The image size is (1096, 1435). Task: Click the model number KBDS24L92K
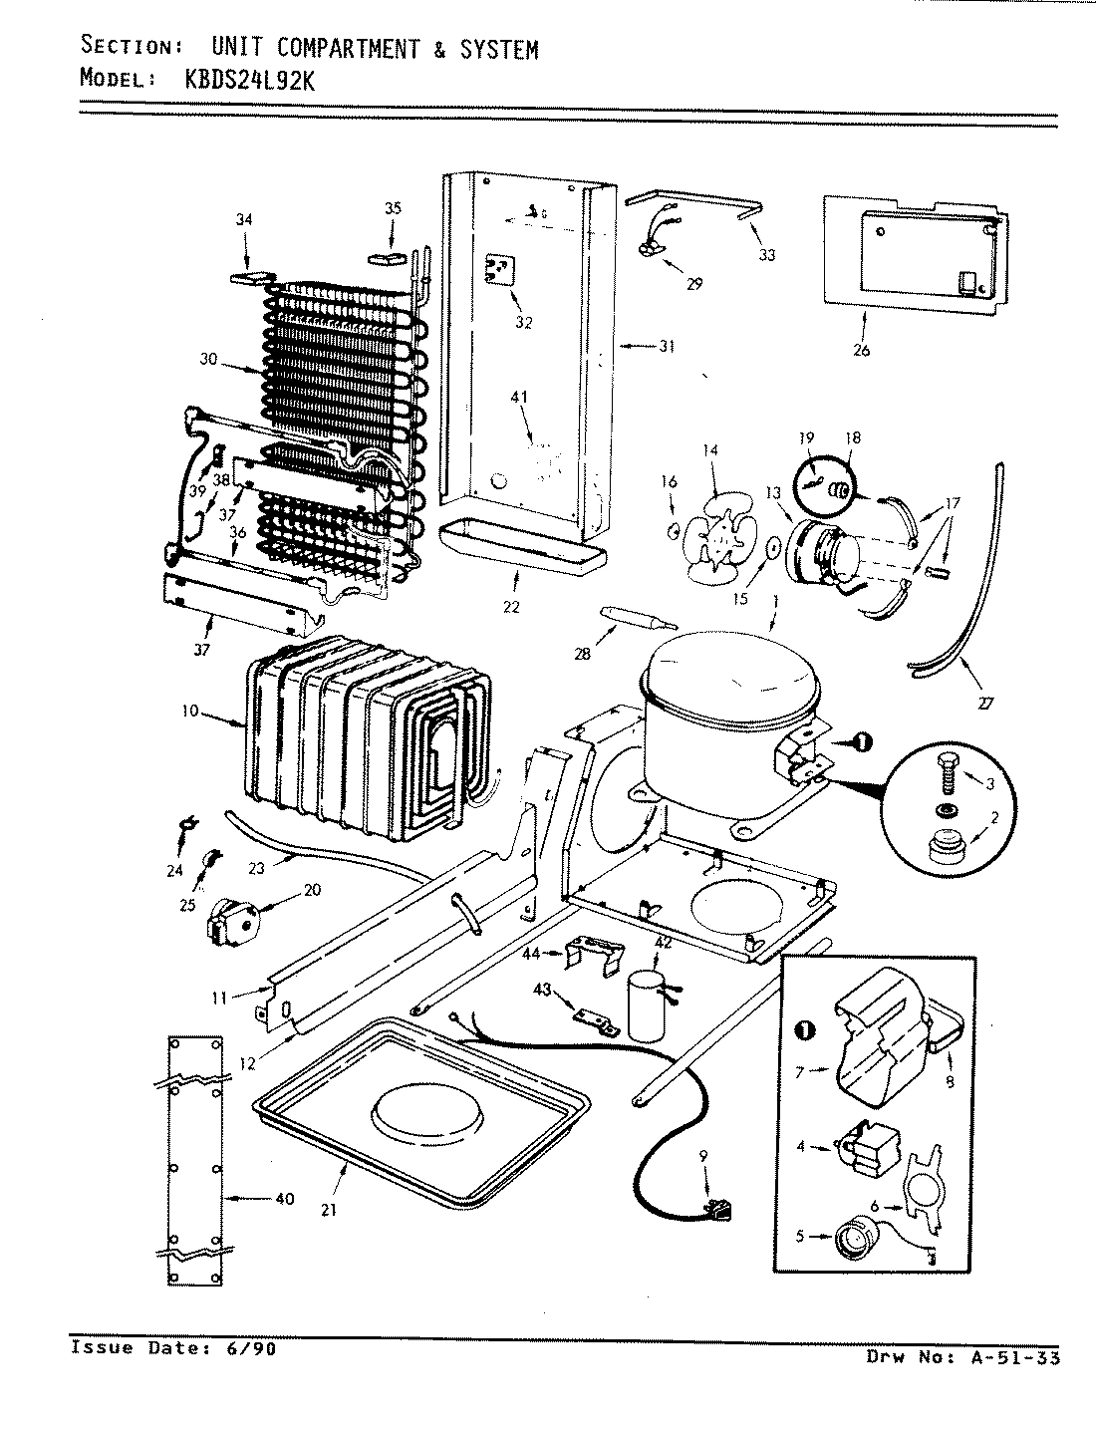250,82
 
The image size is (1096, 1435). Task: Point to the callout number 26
862,350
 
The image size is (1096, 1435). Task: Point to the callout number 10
190,712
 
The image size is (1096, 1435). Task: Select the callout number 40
285,1199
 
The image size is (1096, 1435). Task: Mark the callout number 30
208,361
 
